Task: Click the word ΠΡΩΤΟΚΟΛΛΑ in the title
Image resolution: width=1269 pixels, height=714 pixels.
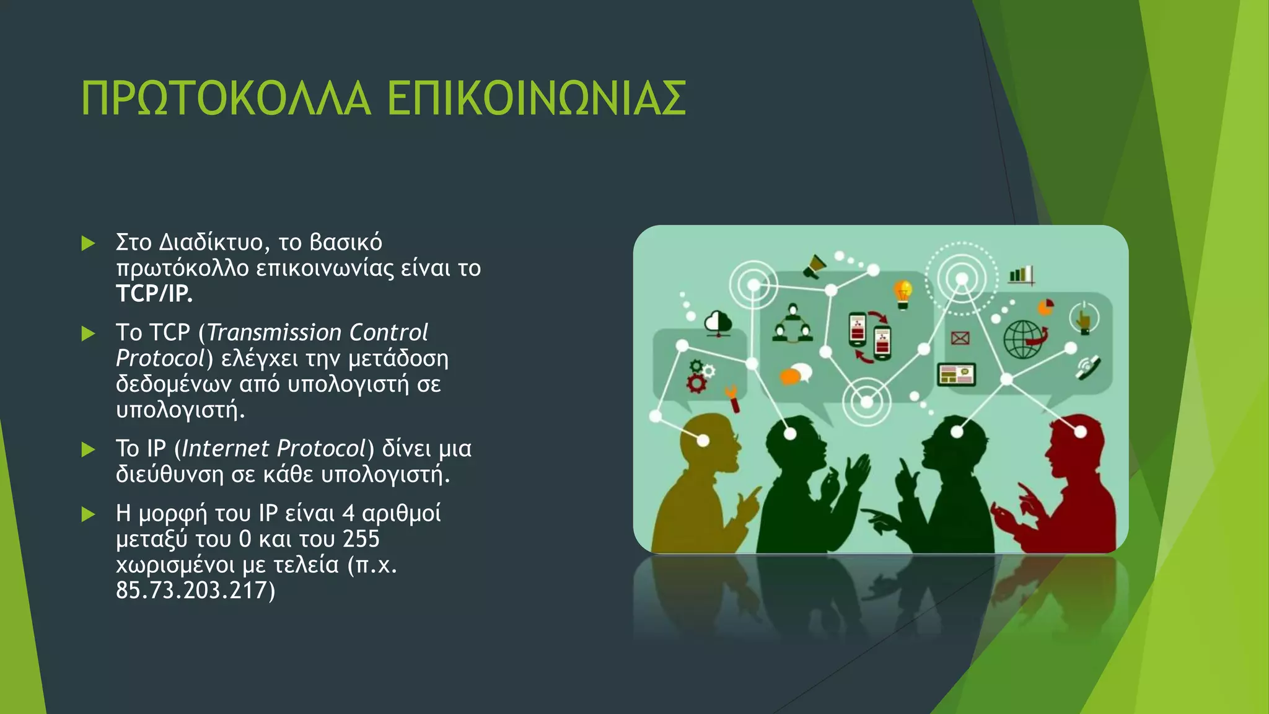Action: (226, 99)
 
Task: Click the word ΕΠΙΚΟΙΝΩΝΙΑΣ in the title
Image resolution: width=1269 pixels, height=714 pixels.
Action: (537, 99)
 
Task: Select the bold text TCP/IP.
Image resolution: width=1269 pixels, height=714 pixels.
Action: (154, 294)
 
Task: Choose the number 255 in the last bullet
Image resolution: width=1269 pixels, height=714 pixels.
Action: (361, 539)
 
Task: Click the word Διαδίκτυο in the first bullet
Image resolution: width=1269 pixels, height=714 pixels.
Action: (211, 242)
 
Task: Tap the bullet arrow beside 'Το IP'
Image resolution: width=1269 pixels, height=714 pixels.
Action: (89, 449)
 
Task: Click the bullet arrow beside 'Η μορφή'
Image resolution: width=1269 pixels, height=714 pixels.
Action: (89, 514)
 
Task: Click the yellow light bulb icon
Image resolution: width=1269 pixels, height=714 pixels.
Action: (903, 293)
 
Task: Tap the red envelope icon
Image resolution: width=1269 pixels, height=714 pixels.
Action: (960, 338)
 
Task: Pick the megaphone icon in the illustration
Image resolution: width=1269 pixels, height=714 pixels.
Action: (815, 266)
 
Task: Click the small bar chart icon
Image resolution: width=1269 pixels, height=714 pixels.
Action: (1021, 275)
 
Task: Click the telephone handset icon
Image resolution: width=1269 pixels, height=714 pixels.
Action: (1087, 367)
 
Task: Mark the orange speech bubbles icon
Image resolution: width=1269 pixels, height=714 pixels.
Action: (796, 374)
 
